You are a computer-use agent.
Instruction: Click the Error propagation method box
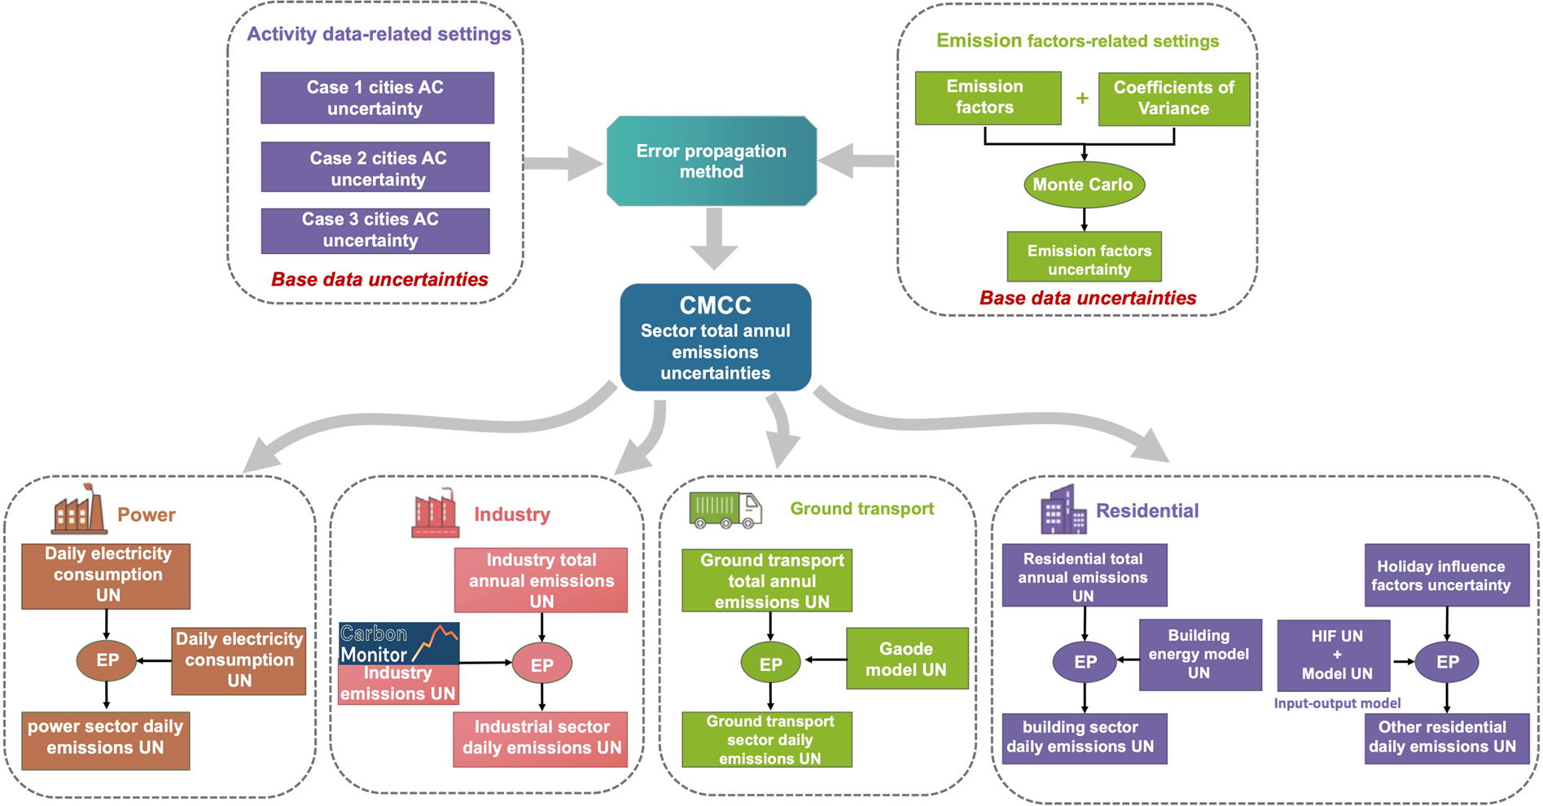[x=712, y=161]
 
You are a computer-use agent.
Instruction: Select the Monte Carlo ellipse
[x=1084, y=185]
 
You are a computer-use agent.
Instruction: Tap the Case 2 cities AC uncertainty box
[x=375, y=168]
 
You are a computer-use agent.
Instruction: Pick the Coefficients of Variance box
[x=1173, y=99]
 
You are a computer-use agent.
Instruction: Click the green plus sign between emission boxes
[x=1082, y=99]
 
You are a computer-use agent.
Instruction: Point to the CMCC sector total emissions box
[x=715, y=338]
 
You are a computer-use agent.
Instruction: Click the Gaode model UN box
[x=907, y=659]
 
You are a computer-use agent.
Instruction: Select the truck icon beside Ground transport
[x=725, y=510]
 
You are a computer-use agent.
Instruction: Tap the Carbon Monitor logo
[x=399, y=643]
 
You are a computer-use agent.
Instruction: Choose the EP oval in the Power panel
[x=107, y=660]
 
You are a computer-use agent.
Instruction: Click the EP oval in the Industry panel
[x=542, y=664]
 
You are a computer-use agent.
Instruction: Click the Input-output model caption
[x=1337, y=703]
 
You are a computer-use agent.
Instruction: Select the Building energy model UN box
[x=1199, y=655]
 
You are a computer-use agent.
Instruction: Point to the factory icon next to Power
[x=79, y=510]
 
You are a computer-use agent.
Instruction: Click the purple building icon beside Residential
[x=1063, y=510]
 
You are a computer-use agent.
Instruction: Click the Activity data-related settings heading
[x=379, y=34]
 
